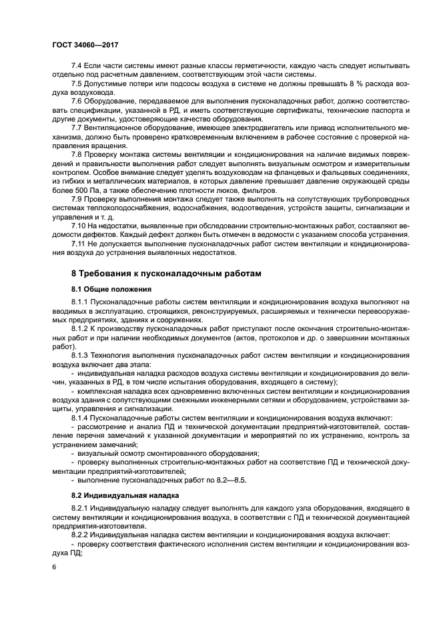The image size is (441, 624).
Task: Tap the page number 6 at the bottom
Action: pos(54,567)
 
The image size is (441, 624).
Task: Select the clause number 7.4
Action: pos(76,66)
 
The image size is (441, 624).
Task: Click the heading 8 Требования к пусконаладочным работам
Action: pos(167,274)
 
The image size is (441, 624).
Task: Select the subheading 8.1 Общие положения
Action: pos(111,289)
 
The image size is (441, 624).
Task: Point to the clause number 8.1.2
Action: pos(80,329)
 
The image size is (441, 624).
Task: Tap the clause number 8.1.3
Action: pos(80,355)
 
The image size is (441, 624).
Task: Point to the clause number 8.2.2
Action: pos(80,535)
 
